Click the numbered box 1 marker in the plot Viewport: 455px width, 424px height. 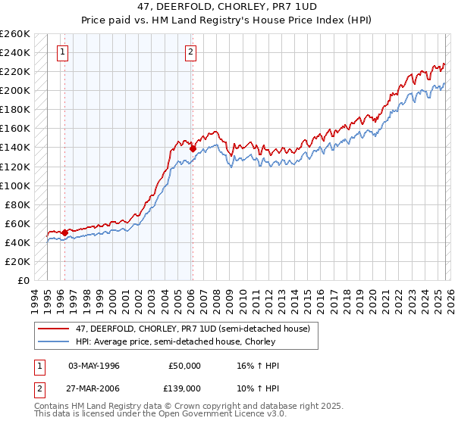(61, 52)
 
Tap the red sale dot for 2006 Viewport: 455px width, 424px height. (193, 148)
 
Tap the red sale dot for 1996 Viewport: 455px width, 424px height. (65, 232)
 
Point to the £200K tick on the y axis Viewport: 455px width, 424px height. (15, 90)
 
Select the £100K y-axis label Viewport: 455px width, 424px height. (15, 185)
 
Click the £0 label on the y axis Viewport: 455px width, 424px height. (23, 280)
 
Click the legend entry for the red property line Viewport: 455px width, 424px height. (183, 329)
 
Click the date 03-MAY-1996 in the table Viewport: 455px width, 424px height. (98, 366)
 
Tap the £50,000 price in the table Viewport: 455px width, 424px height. (184, 366)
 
